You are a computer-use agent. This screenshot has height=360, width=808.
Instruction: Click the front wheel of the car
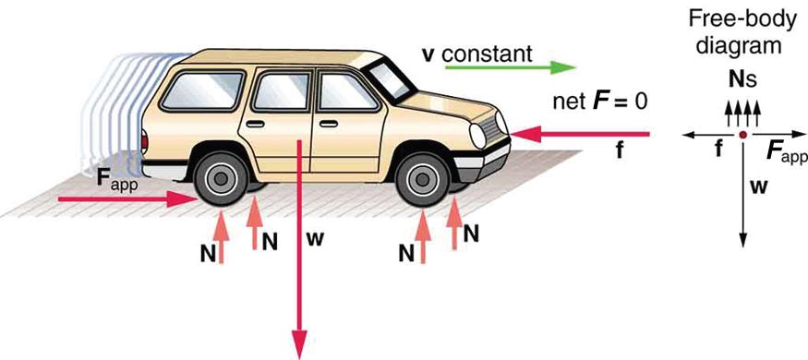423,175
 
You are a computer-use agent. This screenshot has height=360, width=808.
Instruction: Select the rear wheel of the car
222,176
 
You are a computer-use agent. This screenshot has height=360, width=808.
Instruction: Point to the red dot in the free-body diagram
742,136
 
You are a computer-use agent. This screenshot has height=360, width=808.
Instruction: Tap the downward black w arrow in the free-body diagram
742,194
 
